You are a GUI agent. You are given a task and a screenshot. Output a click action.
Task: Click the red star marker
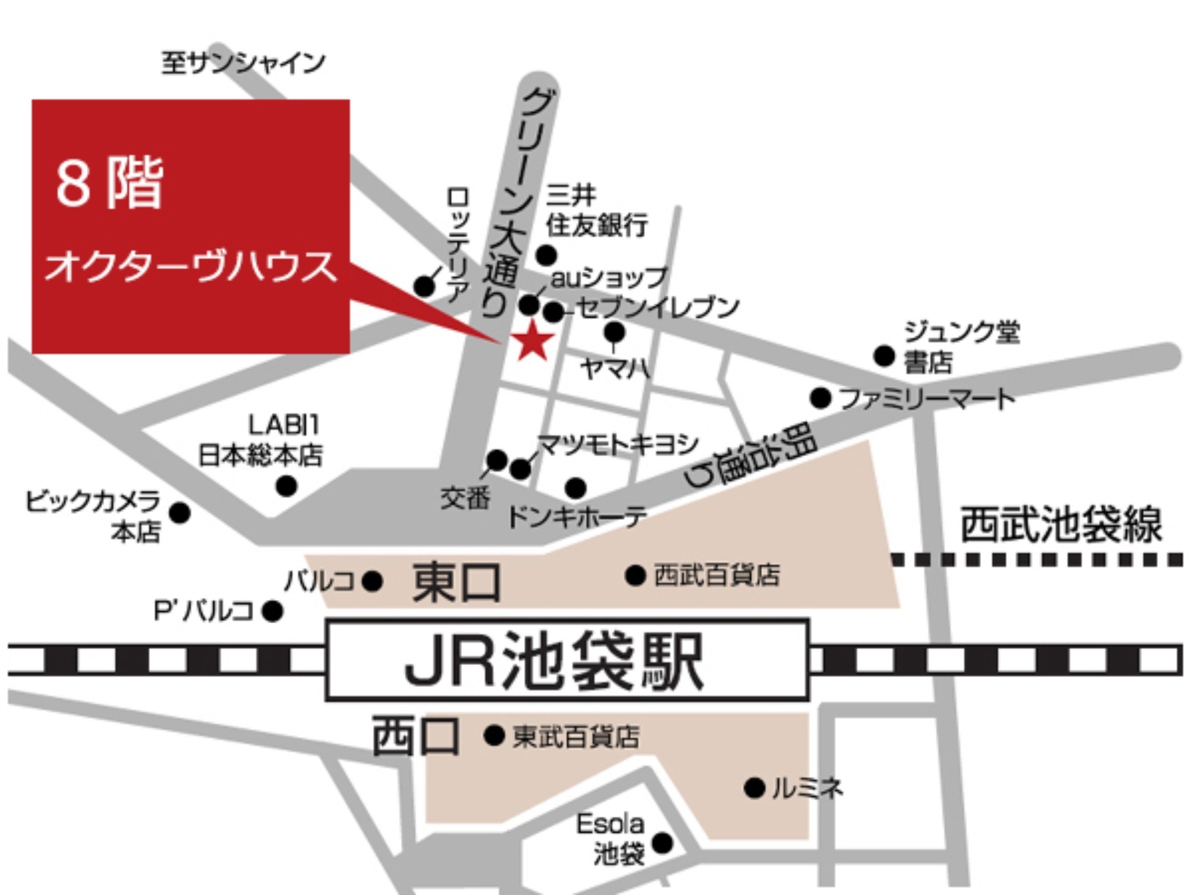[533, 341]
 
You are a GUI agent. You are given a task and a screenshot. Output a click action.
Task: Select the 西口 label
[416, 736]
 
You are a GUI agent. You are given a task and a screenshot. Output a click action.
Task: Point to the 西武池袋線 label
[1061, 525]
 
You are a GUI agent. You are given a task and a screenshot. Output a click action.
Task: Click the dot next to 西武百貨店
[635, 575]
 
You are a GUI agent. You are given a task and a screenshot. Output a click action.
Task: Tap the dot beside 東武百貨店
[494, 736]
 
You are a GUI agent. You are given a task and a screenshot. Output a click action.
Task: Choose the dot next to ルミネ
[754, 789]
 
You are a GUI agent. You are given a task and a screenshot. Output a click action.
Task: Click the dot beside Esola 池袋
[662, 843]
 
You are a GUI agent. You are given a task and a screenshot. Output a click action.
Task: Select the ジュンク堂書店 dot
[885, 356]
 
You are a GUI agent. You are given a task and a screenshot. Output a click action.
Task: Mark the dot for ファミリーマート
[820, 398]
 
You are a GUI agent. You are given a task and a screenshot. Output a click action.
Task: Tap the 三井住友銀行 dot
[546, 255]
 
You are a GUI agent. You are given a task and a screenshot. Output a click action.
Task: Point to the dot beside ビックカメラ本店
[180, 513]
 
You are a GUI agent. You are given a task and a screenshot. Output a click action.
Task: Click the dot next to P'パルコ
[272, 611]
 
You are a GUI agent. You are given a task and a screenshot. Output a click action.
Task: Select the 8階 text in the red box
[109, 184]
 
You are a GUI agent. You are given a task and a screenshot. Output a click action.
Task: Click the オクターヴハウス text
[190, 266]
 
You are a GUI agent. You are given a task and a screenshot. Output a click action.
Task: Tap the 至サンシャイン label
[243, 62]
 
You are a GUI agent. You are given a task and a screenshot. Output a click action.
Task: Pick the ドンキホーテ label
[577, 516]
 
